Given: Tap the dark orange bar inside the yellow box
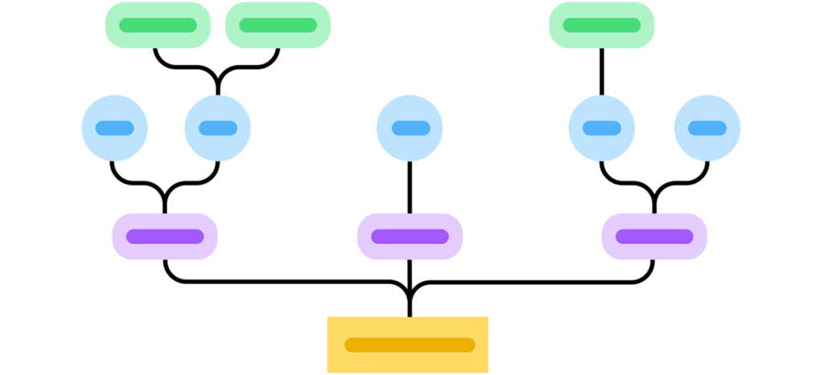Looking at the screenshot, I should [x=409, y=345].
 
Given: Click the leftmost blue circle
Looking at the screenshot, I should [x=115, y=128].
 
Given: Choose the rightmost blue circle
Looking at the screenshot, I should [x=707, y=128].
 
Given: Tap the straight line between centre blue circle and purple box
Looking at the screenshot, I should [x=409, y=187].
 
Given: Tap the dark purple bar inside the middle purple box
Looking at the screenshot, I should [x=409, y=237].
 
